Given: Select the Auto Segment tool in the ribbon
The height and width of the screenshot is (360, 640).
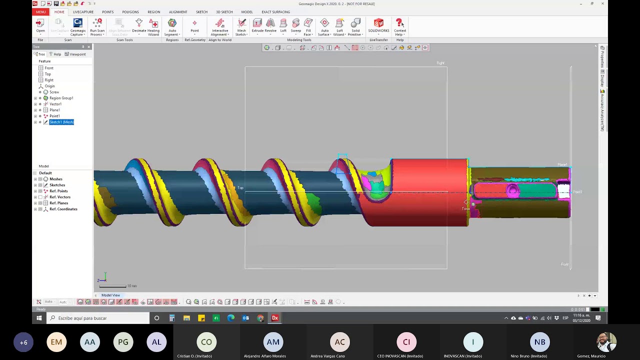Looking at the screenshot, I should coord(172,26).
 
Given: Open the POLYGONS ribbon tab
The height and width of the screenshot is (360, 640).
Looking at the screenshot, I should coord(130,12).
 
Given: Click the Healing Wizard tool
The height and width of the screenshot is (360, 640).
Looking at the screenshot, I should coord(153,26).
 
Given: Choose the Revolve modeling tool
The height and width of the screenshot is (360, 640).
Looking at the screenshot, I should coord(270,26).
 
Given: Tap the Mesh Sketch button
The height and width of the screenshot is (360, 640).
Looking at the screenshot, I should coord(241,26).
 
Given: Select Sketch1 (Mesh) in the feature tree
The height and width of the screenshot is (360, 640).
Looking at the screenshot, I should coord(61,122).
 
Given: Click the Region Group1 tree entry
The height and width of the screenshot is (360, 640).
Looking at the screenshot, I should coord(61,98).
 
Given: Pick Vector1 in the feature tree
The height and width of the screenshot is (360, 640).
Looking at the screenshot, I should coord(55,104).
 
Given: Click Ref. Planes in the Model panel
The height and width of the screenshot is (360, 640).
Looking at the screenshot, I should coord(58,203).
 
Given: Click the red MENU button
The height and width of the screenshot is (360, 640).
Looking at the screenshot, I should coord(40,12).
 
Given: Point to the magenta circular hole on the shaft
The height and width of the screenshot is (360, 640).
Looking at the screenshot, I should coord(512,190).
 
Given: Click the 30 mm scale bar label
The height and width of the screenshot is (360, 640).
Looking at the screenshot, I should coord(132,286).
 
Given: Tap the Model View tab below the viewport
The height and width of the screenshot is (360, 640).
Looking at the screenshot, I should coord(110,295).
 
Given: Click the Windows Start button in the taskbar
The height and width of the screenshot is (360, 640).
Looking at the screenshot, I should coord(39,318).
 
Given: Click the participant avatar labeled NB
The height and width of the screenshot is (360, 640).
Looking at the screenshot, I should coord(539,342).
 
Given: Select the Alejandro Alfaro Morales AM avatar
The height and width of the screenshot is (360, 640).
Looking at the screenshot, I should coord(273,342).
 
